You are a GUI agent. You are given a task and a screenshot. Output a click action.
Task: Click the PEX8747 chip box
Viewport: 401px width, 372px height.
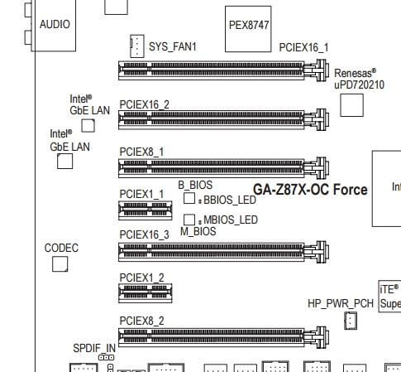[248, 29]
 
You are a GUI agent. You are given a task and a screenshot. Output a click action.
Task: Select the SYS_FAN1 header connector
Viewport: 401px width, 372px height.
[137, 46]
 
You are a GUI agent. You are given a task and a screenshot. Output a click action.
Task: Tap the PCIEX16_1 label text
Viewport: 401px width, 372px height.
[303, 47]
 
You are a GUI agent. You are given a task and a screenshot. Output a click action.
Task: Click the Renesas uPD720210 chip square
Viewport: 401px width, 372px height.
[351, 105]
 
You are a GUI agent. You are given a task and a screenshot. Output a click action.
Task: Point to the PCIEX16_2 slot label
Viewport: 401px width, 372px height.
[144, 104]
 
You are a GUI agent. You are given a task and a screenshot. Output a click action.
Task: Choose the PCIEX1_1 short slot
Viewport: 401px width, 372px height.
[146, 210]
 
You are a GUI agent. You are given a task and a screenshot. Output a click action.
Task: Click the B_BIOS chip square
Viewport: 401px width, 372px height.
[189, 198]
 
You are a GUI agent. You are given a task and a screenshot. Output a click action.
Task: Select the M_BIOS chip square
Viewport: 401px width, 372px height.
[189, 220]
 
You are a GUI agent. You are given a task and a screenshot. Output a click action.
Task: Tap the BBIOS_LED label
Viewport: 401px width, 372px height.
[230, 200]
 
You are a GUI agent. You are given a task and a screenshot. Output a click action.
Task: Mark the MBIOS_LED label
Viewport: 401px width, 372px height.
[231, 220]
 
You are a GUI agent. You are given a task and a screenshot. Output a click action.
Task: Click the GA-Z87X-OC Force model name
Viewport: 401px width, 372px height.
[310, 190]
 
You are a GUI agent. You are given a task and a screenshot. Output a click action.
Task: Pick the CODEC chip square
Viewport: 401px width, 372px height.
[60, 263]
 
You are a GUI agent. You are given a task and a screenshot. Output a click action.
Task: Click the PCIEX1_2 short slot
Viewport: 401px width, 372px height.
[146, 293]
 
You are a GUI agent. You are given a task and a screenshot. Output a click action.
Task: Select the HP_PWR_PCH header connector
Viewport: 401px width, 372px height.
[351, 321]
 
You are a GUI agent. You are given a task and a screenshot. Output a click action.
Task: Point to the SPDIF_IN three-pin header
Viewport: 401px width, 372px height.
[106, 358]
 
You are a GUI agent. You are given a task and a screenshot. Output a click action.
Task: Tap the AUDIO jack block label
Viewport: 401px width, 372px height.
[55, 24]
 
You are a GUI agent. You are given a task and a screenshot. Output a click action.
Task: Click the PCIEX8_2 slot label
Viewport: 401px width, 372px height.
[141, 321]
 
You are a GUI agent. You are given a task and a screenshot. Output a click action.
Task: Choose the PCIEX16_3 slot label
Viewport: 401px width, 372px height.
[144, 234]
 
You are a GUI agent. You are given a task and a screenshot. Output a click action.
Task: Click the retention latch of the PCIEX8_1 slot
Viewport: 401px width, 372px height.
[317, 167]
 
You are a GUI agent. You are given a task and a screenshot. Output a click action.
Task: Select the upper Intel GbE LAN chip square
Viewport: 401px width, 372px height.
[88, 126]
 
